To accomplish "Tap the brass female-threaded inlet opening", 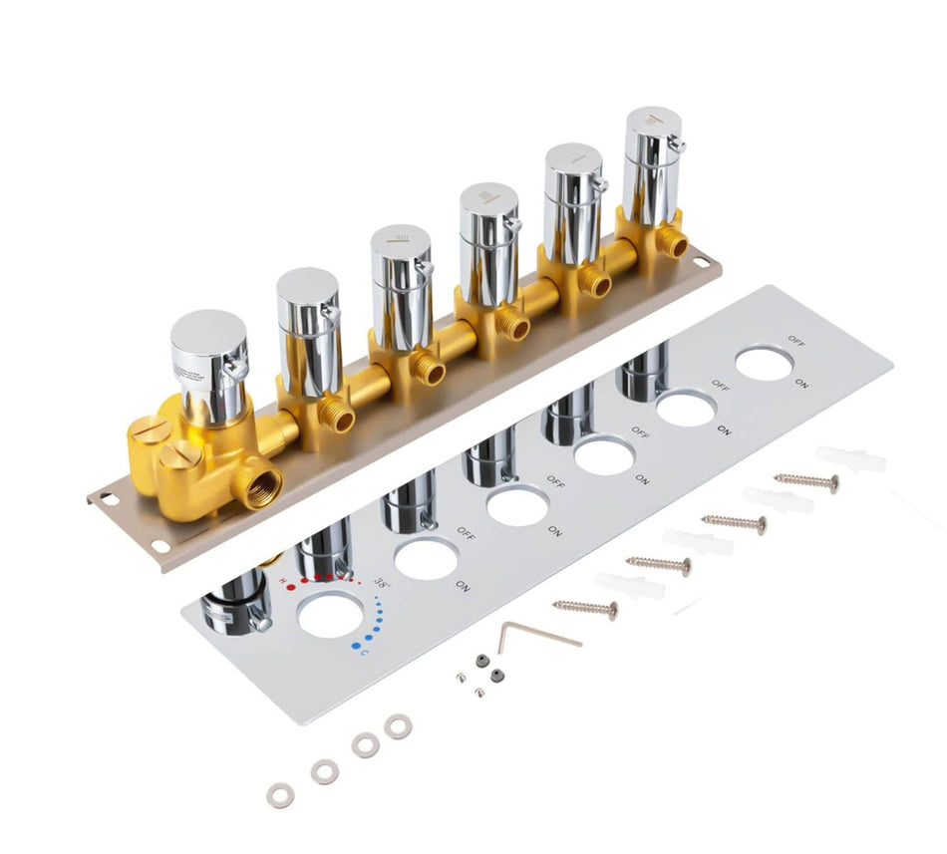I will pos(263,485).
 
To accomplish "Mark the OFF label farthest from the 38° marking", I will pos(796,340).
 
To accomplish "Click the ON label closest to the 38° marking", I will pos(463,583).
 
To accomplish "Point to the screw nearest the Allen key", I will pos(585,607).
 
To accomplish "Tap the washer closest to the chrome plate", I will pos(398,726).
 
